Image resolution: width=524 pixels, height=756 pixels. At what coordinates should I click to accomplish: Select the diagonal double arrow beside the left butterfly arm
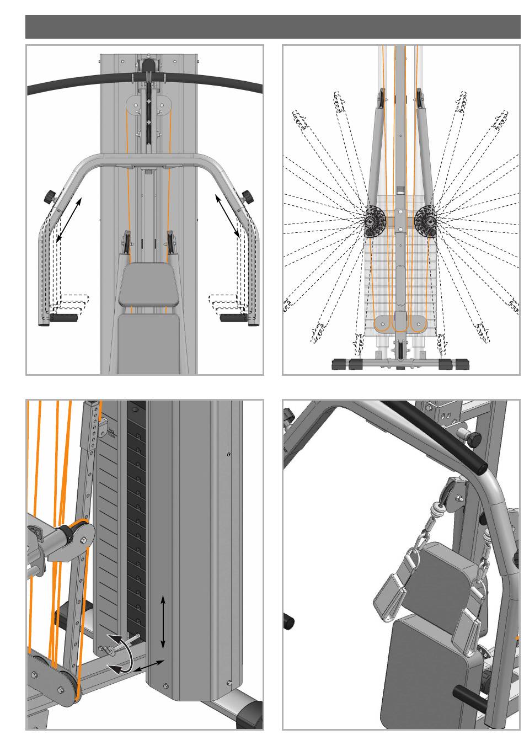(68, 219)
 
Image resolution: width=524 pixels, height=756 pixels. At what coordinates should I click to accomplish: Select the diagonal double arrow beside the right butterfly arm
(227, 216)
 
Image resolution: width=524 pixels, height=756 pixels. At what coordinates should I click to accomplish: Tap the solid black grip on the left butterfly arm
(64, 318)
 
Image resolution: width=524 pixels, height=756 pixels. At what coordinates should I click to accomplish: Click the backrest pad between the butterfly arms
(149, 285)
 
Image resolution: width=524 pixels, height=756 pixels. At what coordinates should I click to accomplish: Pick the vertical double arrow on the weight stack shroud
(163, 622)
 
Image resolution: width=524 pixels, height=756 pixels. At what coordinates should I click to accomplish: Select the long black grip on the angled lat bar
(436, 436)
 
